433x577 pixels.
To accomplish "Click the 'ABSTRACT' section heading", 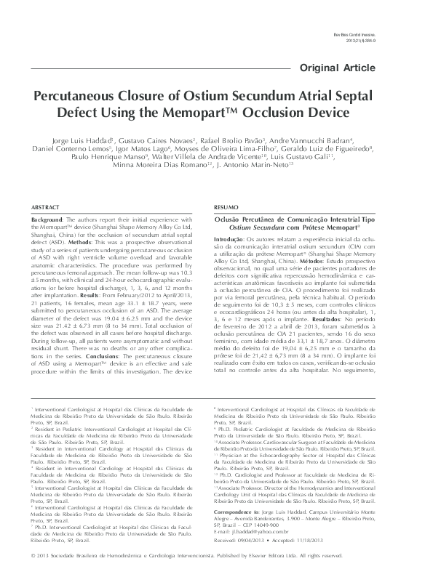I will pyautogui.click(x=45, y=207).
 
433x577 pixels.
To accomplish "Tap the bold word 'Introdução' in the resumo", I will pyautogui.click(x=227, y=239).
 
